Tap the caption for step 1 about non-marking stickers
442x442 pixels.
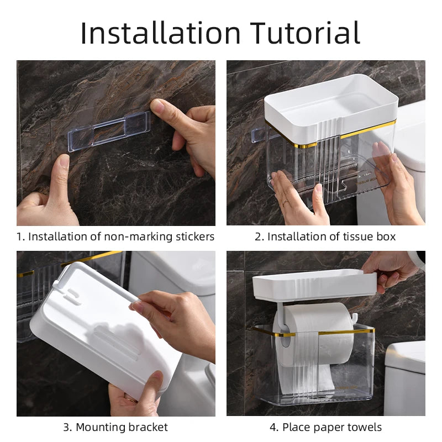pos(115,237)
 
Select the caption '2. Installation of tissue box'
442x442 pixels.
pos(325,237)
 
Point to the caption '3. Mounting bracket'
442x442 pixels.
pos(115,427)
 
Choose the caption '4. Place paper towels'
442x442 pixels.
pos(325,427)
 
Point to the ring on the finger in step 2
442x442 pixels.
pos(285,203)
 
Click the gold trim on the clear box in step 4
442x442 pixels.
pos(331,331)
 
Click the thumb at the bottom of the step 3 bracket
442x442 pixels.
pos(148,385)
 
